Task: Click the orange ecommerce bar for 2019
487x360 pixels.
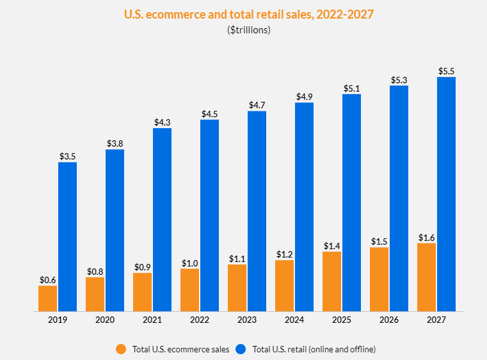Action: click(47, 299)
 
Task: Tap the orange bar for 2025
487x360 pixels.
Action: click(331, 282)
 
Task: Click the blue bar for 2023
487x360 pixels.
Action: click(257, 211)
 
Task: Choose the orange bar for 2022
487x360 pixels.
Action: click(189, 290)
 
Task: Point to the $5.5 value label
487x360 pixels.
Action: click(446, 70)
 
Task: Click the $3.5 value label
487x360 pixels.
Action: click(67, 156)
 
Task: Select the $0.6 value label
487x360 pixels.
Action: click(47, 279)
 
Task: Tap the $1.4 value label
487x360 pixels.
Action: click(331, 245)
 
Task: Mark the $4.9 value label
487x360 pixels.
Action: click(304, 96)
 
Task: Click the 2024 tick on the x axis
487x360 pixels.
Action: click(294, 319)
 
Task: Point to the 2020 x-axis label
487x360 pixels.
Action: click(104, 319)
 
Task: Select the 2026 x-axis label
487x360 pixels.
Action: click(388, 319)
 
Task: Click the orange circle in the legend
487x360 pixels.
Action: click(121, 349)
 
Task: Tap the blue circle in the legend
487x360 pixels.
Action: click(241, 349)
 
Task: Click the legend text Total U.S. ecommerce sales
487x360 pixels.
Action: click(180, 349)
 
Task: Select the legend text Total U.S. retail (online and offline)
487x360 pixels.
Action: click(314, 349)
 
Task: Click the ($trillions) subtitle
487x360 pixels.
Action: click(249, 30)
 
